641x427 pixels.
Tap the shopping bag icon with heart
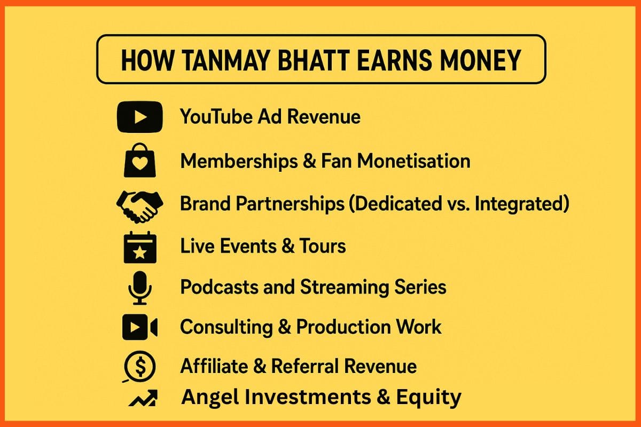click(x=139, y=161)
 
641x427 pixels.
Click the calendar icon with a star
click(x=139, y=247)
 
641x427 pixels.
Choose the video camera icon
click(x=139, y=327)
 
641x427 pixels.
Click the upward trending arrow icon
click(x=143, y=398)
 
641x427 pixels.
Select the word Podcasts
click(x=219, y=287)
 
